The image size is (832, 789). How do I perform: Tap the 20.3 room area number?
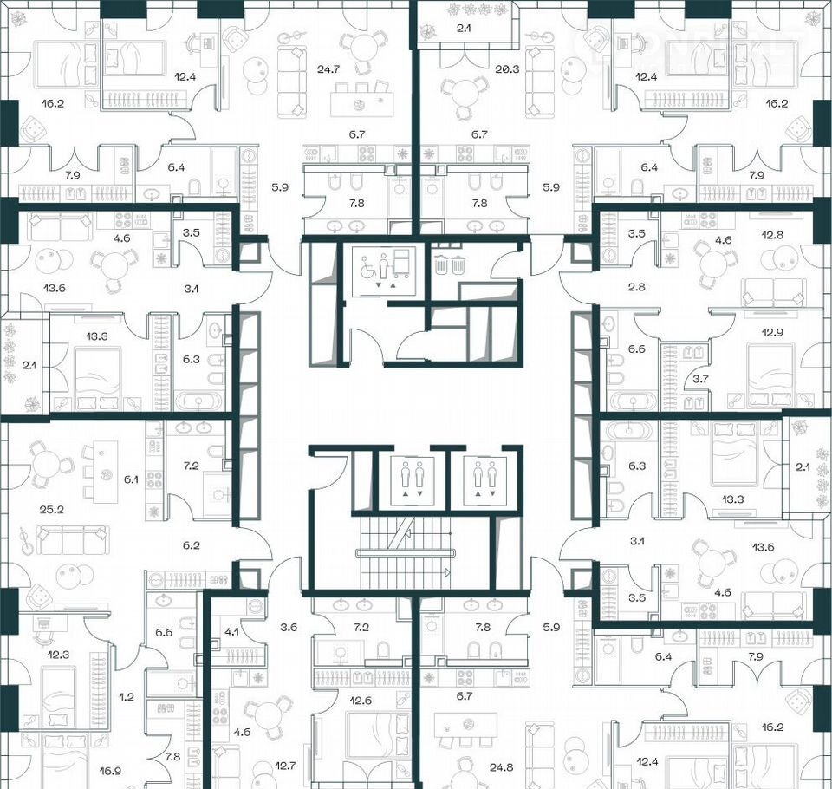pos(507,68)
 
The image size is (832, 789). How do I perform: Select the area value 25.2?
pos(52,509)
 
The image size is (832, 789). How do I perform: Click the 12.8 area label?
pos(772,235)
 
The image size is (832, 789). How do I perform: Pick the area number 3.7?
pos(700,379)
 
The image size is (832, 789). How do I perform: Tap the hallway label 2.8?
pos(637,287)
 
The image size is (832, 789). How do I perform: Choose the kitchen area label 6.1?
pos(131,479)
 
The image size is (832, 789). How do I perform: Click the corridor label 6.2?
pos(191,545)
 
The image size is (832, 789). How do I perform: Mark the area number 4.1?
pos(231,632)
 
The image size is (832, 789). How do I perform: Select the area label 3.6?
pos(289,627)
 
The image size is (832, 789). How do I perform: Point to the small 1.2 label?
pos(127,697)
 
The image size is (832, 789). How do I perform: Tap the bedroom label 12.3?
pos(58,654)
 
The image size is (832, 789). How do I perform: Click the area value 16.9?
pos(110,771)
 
